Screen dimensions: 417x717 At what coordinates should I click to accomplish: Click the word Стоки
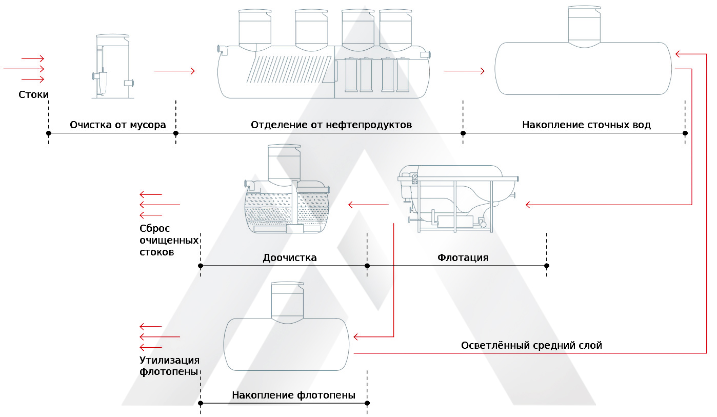pyautogui.click(x=34, y=95)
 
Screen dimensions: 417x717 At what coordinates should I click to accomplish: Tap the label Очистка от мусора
pyautogui.click(x=118, y=125)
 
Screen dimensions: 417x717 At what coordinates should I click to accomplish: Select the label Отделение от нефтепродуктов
pyautogui.click(x=331, y=125)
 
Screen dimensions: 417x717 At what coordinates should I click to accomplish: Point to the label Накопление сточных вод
pyautogui.click(x=586, y=125)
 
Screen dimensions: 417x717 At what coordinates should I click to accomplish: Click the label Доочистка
pyautogui.click(x=290, y=257)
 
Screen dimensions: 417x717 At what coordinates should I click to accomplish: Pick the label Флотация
pyautogui.click(x=463, y=257)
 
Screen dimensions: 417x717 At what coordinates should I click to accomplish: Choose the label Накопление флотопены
pyautogui.click(x=293, y=395)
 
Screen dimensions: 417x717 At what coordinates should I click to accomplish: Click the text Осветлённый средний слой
pyautogui.click(x=531, y=346)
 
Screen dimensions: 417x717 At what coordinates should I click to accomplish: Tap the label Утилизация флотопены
pyautogui.click(x=169, y=366)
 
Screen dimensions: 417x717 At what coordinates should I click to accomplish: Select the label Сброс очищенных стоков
pyautogui.click(x=169, y=240)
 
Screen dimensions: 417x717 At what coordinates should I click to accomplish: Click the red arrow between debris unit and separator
pyautogui.click(x=174, y=71)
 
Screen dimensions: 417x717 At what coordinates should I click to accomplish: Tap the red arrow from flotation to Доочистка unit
pyautogui.click(x=368, y=205)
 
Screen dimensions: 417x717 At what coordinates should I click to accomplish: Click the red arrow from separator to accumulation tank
pyautogui.click(x=464, y=71)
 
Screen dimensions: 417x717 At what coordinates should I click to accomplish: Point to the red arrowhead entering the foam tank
pyautogui.click(x=357, y=337)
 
